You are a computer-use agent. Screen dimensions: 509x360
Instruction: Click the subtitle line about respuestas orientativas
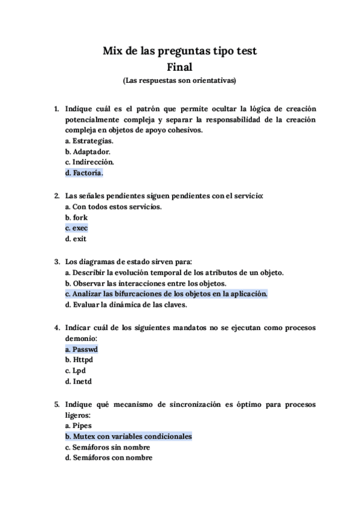(x=179, y=80)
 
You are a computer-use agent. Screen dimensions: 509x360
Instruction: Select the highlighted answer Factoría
(x=84, y=173)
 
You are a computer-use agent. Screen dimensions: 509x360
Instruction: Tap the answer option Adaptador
(x=88, y=151)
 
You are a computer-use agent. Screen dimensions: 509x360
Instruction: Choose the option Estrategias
(x=89, y=140)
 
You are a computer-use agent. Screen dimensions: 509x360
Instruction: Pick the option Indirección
(x=89, y=162)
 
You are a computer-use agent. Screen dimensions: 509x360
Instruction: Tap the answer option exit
(x=76, y=239)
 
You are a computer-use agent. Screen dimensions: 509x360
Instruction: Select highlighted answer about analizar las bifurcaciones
(x=166, y=294)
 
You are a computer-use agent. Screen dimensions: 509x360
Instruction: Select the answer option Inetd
(x=78, y=381)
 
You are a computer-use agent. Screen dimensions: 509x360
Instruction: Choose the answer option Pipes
(x=78, y=426)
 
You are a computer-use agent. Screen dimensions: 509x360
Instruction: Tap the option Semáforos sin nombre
(x=107, y=447)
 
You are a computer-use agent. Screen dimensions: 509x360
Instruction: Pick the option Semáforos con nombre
(x=109, y=458)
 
